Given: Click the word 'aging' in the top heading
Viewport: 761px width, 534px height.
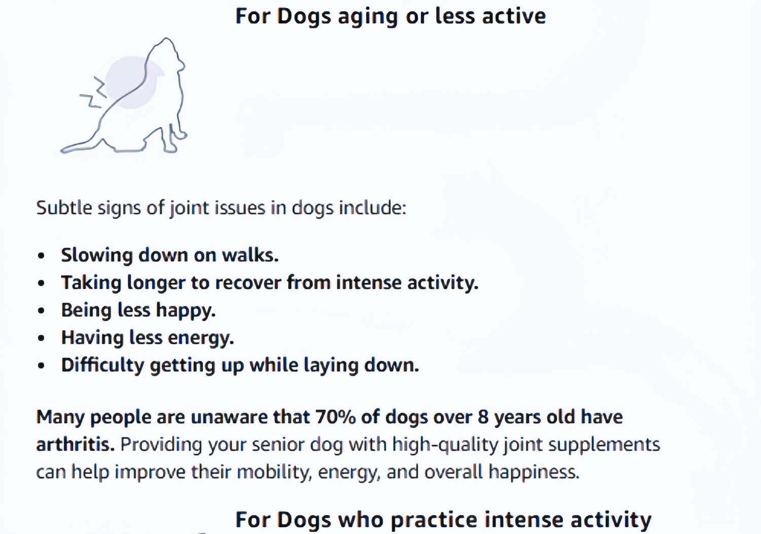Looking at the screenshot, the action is pos(368,17).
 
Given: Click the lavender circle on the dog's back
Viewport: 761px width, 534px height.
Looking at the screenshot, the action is pos(131,83).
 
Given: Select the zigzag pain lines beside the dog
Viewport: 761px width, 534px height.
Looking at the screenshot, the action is pos(93,92).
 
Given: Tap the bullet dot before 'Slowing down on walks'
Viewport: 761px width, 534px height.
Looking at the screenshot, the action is pos(42,256).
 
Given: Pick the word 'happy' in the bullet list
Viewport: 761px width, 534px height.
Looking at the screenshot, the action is pos(186,311).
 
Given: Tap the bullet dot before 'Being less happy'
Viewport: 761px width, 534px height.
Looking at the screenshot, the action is pos(42,311).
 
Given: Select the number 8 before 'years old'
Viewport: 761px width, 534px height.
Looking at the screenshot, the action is pos(483,417).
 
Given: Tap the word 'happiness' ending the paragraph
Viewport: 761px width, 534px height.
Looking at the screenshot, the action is pos(534,472).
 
